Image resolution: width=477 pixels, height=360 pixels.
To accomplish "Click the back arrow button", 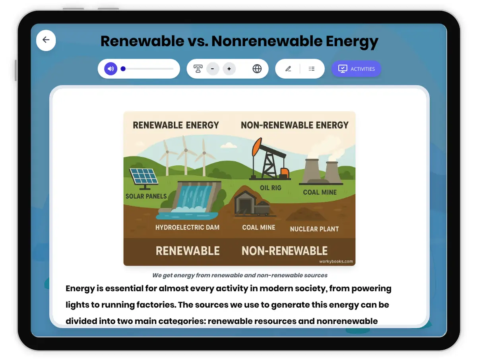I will click(46, 40).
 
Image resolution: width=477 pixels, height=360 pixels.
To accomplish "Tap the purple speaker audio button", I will click(111, 69).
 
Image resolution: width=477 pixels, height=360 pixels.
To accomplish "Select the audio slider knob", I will click(123, 69).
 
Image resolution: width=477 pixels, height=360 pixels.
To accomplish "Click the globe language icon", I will click(257, 69).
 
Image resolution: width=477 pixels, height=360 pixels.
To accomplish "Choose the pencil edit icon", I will click(288, 69).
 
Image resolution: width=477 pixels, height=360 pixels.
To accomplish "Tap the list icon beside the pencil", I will click(312, 69).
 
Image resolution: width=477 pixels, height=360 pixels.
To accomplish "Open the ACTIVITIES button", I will click(356, 69).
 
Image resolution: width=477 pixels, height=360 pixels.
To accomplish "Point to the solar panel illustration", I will click(143, 177).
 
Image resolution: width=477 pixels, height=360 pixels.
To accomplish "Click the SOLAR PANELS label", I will click(146, 196).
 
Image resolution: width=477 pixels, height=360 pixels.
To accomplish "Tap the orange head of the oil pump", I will click(257, 147).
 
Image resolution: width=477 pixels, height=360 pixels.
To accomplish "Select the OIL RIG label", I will click(270, 188).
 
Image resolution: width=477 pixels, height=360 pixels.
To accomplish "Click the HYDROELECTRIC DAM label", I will click(187, 228).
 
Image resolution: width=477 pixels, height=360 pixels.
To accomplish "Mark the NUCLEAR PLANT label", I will click(314, 229).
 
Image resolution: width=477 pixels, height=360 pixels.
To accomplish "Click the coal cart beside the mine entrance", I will click(262, 208).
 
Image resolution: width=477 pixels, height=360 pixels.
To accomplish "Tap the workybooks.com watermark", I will click(336, 261).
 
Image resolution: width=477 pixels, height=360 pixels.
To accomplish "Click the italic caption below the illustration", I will click(240, 275).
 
